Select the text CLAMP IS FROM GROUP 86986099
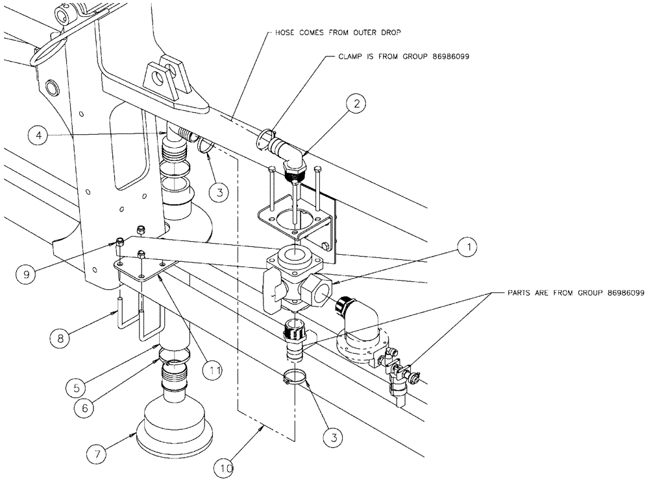pos(403,56)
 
